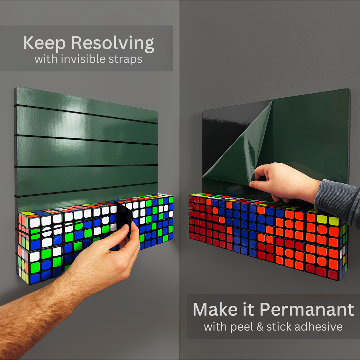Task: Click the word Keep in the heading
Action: tap(44, 43)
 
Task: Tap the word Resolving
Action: tap(113, 43)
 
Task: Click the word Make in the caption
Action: tap(215, 310)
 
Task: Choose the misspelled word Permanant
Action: tap(307, 310)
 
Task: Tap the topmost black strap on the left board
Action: tap(86, 114)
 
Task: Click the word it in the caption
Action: tap(249, 310)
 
